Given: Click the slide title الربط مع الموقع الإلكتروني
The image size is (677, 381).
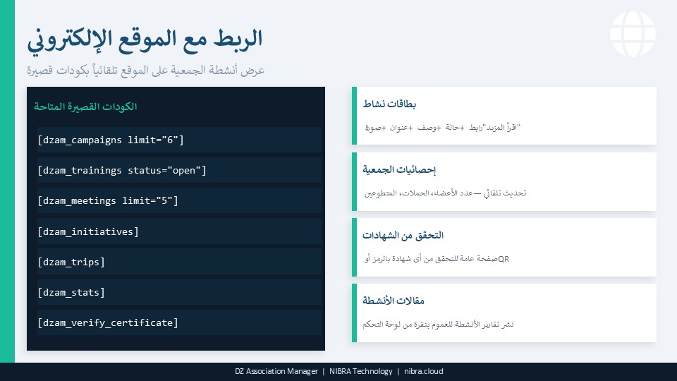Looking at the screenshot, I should point(145,39).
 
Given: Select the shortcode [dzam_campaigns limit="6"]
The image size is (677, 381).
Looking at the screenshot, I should point(111,140).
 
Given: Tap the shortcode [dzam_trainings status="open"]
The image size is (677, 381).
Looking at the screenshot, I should point(122,170).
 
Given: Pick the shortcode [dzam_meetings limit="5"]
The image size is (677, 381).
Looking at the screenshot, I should point(108,200).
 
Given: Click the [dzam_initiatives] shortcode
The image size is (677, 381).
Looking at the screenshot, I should point(88,231).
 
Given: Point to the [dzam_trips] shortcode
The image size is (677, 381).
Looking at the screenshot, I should point(71,262).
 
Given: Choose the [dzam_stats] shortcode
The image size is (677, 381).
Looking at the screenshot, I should point(71,292).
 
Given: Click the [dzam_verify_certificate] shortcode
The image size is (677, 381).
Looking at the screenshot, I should point(108,322).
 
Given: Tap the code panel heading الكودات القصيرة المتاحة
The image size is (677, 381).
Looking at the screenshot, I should point(85,107).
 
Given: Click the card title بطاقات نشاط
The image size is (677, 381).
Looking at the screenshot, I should point(389,104).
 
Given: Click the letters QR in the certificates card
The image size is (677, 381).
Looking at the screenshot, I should point(504,259).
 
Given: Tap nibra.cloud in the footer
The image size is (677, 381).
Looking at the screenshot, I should point(424,372).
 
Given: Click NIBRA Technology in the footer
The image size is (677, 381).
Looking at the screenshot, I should point(360,372).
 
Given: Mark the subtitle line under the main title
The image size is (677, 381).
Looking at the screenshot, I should point(145,71).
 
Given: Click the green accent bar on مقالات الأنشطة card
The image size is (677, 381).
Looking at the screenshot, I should point(355,313).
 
